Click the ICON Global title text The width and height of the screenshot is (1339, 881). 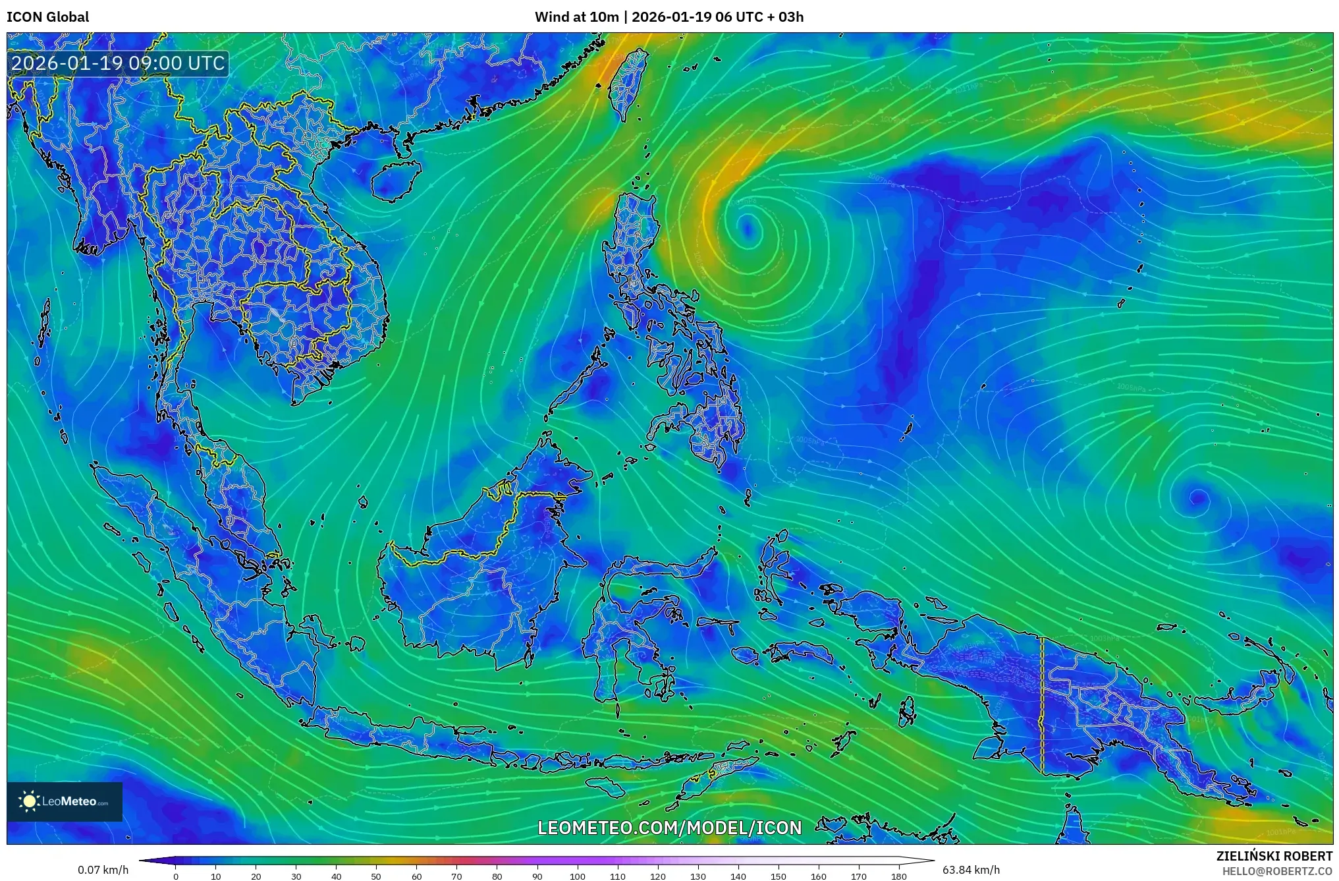click(47, 17)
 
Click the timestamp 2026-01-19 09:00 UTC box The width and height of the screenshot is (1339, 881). click(119, 63)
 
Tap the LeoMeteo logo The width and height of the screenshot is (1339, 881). click(65, 801)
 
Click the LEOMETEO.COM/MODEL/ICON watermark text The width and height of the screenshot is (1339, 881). click(670, 828)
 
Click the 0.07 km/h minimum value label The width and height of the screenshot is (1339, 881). click(103, 870)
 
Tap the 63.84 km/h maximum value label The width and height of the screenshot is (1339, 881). click(971, 870)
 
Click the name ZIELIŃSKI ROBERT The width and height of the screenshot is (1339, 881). click(1274, 856)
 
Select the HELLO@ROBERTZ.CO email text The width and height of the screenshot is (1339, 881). click(1277, 871)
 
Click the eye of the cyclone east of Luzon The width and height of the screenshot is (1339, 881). click(747, 227)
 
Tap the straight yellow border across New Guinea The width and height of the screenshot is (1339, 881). click(1042, 705)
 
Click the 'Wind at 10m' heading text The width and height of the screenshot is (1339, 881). click(576, 17)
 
